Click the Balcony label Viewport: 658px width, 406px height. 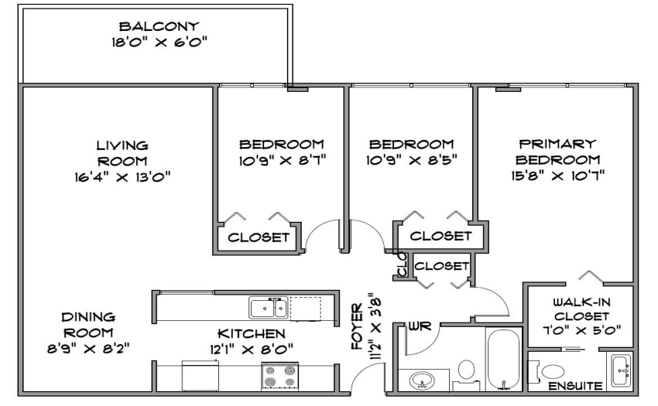pyautogui.click(x=159, y=26)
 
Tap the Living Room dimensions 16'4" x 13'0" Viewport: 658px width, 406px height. pyautogui.click(x=122, y=177)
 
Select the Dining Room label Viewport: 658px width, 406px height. pyautogui.click(x=88, y=325)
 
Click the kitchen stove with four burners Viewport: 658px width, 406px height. pyautogui.click(x=279, y=376)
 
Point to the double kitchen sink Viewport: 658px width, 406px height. pyautogui.click(x=268, y=308)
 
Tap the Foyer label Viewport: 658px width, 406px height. pyautogui.click(x=357, y=326)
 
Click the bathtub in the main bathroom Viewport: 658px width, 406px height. pyautogui.click(x=504, y=360)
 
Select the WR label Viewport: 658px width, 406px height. pyautogui.click(x=420, y=326)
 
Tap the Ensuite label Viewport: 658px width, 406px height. pyautogui.click(x=576, y=386)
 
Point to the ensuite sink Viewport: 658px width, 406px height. pyautogui.click(x=621, y=370)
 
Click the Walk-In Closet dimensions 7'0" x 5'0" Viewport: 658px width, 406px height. pyautogui.click(x=581, y=330)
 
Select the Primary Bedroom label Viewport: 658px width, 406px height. pyautogui.click(x=557, y=152)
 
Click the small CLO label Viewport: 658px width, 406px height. pyautogui.click(x=402, y=264)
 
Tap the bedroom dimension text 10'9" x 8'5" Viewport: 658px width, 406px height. pyautogui.click(x=411, y=160)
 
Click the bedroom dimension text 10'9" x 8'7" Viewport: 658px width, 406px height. pyautogui.click(x=282, y=160)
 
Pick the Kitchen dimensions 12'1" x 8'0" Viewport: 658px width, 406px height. pyautogui.click(x=251, y=349)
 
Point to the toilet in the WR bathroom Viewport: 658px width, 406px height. pyautogui.click(x=466, y=374)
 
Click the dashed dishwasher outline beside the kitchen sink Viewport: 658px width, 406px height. pyautogui.click(x=306, y=309)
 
